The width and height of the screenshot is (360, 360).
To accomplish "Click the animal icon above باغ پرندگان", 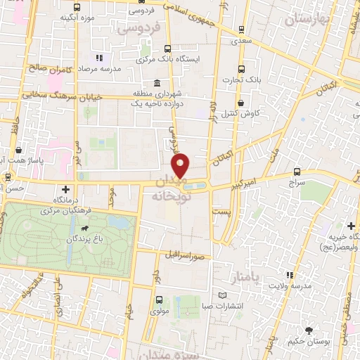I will (x=84, y=229).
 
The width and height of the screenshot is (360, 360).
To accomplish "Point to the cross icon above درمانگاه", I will (x=65, y=189).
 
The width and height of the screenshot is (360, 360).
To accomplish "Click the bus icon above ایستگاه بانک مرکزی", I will (x=167, y=49).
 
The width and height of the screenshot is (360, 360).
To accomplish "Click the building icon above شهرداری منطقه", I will (x=155, y=83).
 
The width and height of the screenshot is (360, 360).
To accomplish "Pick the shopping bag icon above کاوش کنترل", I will (x=240, y=103).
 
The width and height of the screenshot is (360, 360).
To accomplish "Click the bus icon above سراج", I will (x=296, y=172).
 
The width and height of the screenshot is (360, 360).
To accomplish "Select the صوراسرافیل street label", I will (x=189, y=256).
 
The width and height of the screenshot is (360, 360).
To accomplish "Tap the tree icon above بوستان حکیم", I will (x=309, y=330).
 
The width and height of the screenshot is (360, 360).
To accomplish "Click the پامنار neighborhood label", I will (x=245, y=276).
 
